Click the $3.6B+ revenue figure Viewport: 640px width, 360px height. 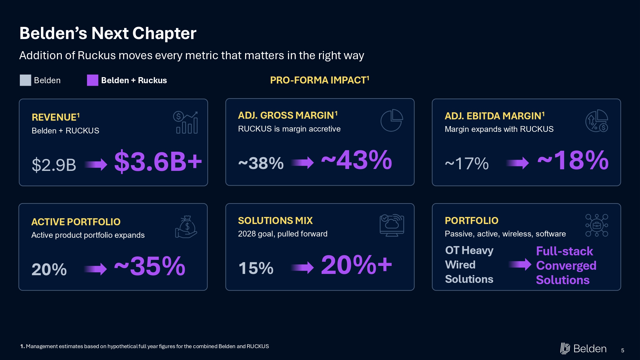tap(158, 162)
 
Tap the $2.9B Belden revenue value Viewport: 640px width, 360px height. tap(54, 165)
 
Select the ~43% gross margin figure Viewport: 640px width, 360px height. tap(356, 160)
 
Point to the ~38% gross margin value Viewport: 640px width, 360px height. tap(261, 163)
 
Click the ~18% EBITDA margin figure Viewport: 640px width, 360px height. tap(573, 160)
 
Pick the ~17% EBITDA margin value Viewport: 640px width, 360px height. tap(467, 164)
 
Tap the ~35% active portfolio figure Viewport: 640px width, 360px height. tap(150, 266)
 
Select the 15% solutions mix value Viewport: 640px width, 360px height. tap(256, 268)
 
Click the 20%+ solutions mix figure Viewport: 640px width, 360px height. tap(356, 265)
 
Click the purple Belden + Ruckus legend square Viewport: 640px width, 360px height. tap(92, 80)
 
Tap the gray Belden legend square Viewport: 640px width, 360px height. tap(25, 80)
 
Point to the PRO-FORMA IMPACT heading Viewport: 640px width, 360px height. tap(320, 80)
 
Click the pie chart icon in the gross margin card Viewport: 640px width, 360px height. tap(392, 120)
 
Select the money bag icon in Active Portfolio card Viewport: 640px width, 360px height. tap(186, 227)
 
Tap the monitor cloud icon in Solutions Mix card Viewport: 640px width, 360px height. tap(392, 225)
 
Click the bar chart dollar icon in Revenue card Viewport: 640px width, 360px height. tap(185, 122)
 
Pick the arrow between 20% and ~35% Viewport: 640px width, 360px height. tap(95, 269)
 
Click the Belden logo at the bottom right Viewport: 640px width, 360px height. tap(583, 348)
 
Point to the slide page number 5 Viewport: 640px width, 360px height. tap(623, 350)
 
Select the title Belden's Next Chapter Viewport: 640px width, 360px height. tap(108, 33)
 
